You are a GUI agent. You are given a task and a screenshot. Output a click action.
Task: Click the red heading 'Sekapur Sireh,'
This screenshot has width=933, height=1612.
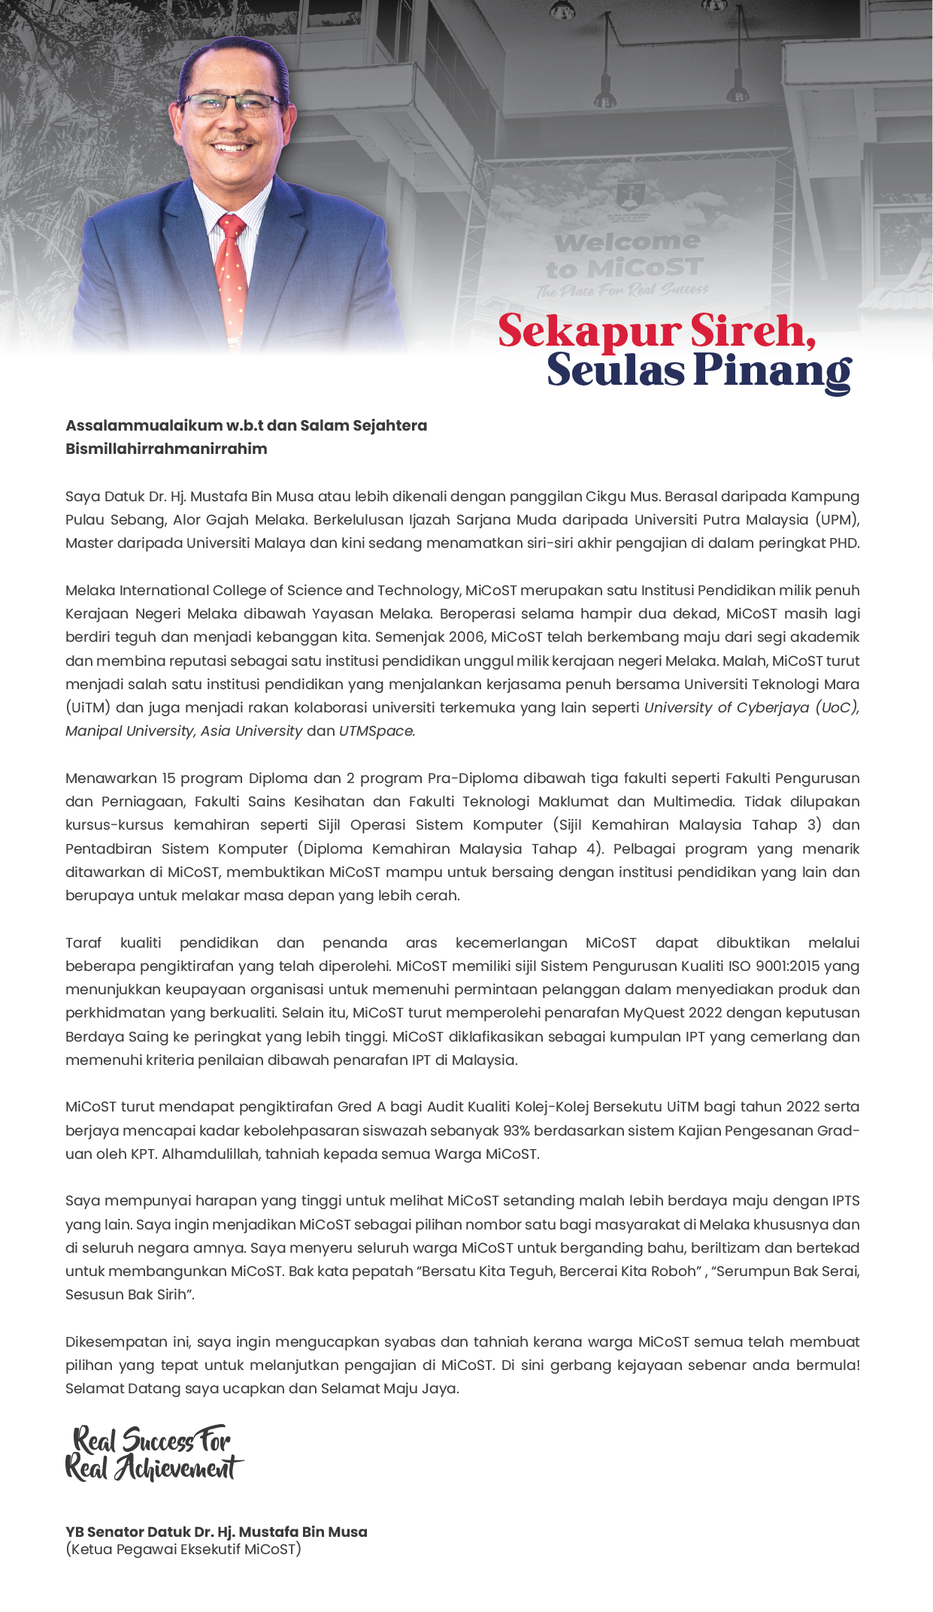pyautogui.click(x=656, y=331)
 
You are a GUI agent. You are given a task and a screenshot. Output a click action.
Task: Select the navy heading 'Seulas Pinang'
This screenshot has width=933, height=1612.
pyautogui.click(x=698, y=370)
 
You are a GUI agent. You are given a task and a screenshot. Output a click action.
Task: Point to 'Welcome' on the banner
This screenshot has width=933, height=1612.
pyautogui.click(x=627, y=242)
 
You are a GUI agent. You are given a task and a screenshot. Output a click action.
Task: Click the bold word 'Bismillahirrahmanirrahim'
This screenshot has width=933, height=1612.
pyautogui.click(x=166, y=449)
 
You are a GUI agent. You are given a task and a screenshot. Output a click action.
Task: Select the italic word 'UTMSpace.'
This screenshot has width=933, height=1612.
pyautogui.click(x=377, y=730)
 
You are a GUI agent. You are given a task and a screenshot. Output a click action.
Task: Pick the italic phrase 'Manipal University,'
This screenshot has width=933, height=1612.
pyautogui.click(x=130, y=730)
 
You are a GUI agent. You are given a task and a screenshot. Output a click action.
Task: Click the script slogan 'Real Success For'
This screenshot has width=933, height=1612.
pyautogui.click(x=151, y=1440)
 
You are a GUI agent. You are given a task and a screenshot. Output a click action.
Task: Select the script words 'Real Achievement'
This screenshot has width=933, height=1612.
pyautogui.click(x=154, y=1468)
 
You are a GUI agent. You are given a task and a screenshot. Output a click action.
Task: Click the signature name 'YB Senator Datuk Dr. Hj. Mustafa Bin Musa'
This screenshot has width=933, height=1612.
pyautogui.click(x=217, y=1532)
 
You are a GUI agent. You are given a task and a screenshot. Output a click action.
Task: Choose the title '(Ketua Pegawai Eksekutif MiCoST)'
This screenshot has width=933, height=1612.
pyautogui.click(x=183, y=1549)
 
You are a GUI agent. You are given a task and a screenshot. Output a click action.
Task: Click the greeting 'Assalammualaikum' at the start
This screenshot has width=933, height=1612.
pyautogui.click(x=144, y=425)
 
